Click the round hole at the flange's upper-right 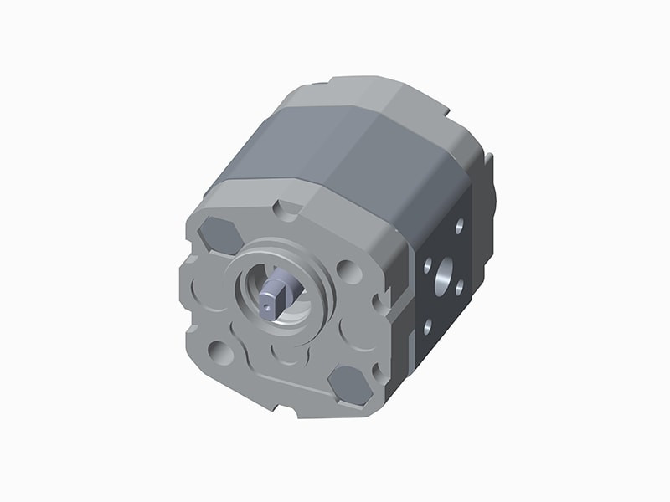click(348, 270)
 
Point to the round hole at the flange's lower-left click(220, 352)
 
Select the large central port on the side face click(443, 273)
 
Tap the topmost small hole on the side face click(459, 225)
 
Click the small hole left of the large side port click(427, 265)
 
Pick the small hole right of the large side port click(459, 285)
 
